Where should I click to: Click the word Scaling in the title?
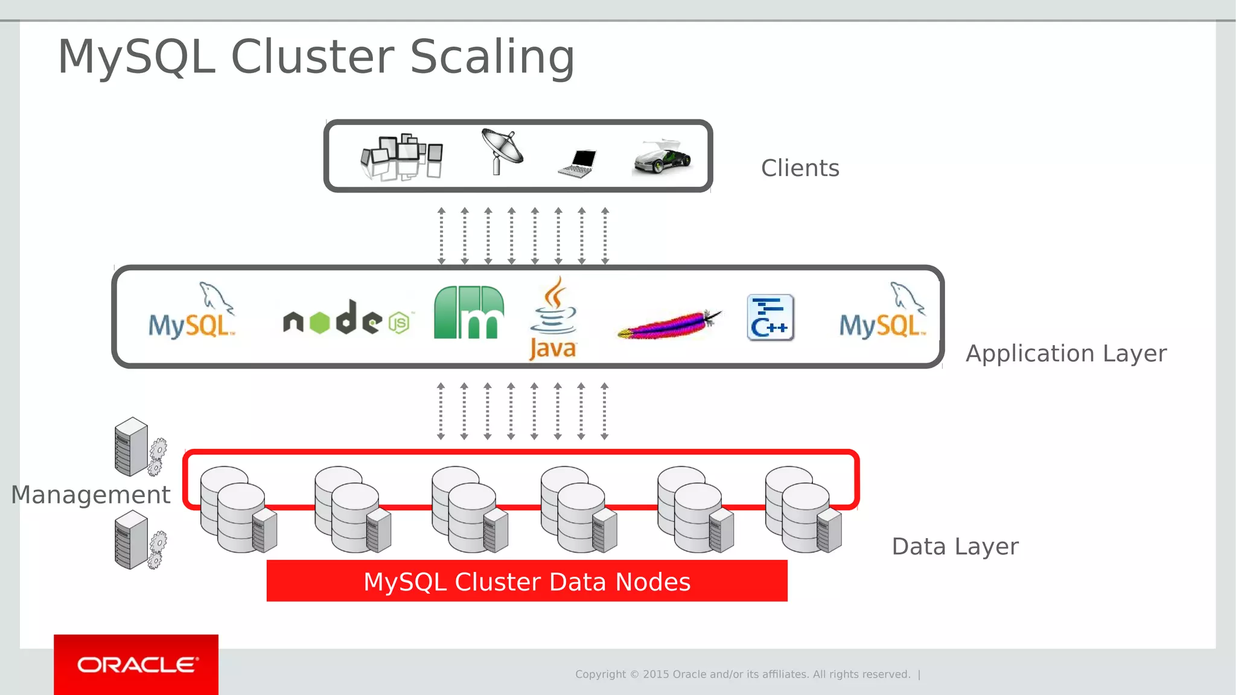tap(492, 57)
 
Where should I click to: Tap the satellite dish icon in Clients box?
tap(502, 151)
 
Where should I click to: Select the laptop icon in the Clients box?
tap(578, 163)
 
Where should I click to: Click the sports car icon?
tap(663, 158)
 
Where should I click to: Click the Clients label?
tap(800, 168)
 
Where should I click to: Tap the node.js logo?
tap(347, 318)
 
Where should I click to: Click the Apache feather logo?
tap(669, 325)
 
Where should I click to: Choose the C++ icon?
tap(770, 318)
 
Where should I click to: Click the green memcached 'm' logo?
tap(468, 313)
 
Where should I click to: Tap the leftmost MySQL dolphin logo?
tap(192, 312)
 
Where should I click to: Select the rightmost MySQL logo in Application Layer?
tap(882, 312)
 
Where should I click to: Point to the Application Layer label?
tap(1066, 354)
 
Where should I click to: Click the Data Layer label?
tap(955, 547)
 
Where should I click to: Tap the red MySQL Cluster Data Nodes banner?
tap(527, 581)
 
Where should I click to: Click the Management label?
tap(91, 495)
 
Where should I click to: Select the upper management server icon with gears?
tap(139, 447)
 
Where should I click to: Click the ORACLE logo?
tap(136, 665)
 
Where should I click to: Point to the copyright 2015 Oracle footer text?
tap(742, 674)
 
